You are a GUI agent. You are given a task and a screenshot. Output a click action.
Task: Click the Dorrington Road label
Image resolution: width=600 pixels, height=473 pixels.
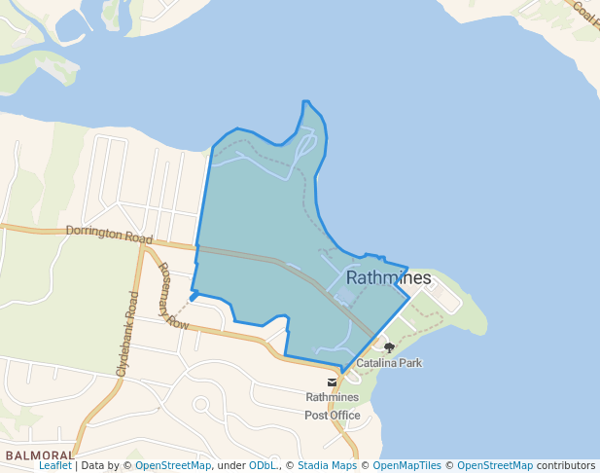coord(110,235)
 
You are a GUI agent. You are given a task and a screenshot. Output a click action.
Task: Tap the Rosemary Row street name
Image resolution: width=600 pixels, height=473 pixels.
coord(172,296)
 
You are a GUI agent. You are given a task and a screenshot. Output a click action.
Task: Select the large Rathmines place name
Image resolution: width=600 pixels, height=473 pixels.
coord(388,278)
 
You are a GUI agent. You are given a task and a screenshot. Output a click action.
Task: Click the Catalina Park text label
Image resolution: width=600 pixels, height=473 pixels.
coord(388,363)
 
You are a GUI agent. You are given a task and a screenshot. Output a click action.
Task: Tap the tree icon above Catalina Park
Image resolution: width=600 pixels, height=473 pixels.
coord(389,347)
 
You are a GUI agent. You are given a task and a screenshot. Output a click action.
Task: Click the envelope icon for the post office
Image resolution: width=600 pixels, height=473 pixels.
coord(333,382)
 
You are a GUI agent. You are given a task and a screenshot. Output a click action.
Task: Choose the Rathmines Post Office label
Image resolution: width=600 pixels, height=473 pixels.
coord(333,406)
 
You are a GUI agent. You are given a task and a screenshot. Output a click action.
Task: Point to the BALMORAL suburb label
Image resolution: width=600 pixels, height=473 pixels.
coord(39,455)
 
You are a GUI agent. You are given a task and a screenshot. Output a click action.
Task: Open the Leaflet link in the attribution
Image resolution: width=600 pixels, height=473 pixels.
coord(54,466)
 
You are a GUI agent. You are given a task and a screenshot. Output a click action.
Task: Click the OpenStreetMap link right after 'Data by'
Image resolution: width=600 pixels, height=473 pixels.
coord(172,466)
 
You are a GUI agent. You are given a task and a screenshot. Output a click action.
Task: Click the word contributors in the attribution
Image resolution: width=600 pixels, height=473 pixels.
coord(565,466)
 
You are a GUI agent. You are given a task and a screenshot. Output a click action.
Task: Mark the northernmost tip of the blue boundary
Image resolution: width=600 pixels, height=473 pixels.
coord(305,101)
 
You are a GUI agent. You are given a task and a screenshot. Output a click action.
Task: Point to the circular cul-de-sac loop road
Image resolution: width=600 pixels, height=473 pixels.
coord(201,404)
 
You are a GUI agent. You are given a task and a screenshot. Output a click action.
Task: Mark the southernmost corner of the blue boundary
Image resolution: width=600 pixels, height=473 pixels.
coord(342,372)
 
